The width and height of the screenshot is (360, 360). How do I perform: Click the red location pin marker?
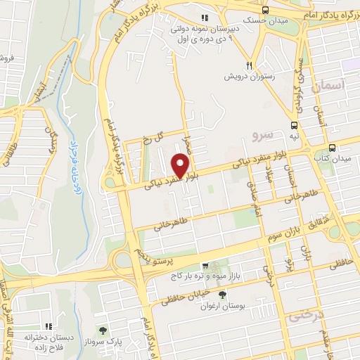[180, 166]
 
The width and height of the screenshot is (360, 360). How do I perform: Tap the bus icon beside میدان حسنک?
[266, 10]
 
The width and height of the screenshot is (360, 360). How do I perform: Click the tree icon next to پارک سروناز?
[103, 330]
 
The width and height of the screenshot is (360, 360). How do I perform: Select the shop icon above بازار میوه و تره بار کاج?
[204, 266]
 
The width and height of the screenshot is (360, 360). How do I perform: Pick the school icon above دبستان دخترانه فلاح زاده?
[49, 326]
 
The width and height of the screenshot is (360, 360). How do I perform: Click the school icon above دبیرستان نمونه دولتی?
[205, 18]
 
